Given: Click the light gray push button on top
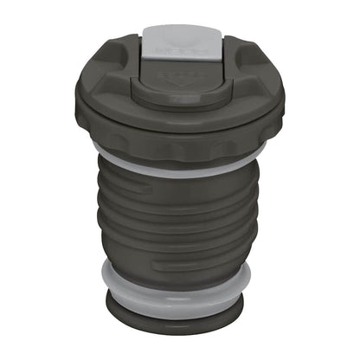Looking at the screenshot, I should click(x=178, y=41).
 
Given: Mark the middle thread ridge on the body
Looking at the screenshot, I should click(x=178, y=221).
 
